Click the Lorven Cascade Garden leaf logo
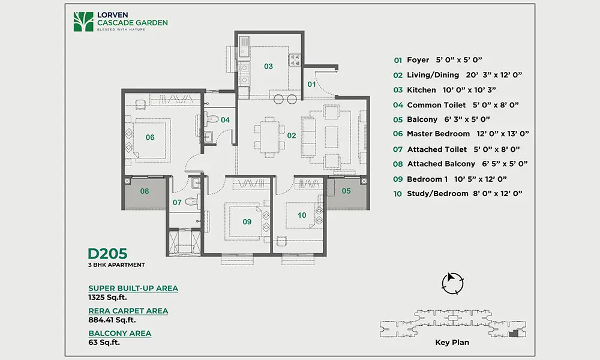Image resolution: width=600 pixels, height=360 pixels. [83, 22]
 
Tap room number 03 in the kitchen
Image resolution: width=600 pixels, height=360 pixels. [268, 67]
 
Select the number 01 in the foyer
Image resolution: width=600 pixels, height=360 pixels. [311, 84]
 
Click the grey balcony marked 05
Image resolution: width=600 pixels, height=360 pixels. [346, 193]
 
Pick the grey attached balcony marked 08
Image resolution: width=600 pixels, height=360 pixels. [145, 193]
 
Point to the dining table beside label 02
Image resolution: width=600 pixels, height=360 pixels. [270, 137]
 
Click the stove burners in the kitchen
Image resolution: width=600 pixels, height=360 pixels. [295, 59]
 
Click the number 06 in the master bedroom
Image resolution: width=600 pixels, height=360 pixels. [150, 137]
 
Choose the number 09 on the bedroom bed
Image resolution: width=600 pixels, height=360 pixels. [247, 221]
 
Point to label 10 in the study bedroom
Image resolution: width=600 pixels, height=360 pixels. [302, 215]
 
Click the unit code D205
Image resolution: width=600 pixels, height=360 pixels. [107, 254]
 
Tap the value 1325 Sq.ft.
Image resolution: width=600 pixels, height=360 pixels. [107, 297]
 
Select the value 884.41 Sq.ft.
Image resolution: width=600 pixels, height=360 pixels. [112, 320]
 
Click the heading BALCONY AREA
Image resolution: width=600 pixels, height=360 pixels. [120, 333]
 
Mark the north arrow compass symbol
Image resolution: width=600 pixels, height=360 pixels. [452, 283]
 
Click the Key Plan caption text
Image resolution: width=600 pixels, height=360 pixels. [452, 343]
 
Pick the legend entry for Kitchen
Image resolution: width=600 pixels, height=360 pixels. [444, 90]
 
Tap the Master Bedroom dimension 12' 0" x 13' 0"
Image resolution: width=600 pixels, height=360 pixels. [503, 134]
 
